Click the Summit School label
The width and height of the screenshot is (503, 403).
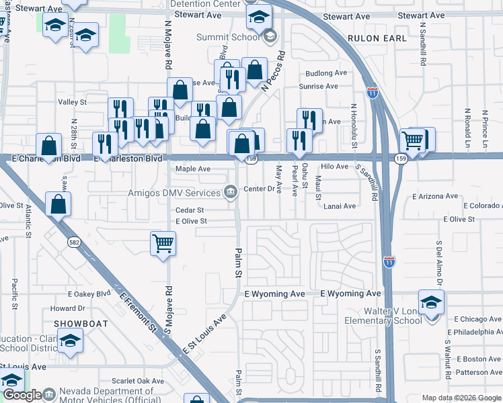coord(228,37)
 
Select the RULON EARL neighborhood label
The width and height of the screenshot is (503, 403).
coord(378,38)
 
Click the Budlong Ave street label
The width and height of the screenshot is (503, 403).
coord(325,73)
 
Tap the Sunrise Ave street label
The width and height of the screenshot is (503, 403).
coord(318,87)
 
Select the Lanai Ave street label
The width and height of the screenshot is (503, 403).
coord(340,206)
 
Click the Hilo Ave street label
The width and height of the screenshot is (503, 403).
coord(334,166)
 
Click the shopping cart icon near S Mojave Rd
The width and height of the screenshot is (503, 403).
coord(163,243)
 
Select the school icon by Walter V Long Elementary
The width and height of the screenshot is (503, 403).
coord(431,302)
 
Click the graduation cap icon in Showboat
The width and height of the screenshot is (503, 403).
coord(70,340)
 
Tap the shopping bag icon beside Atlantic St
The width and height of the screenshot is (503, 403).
coord(59,204)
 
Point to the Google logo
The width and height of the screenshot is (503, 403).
coord(22,395)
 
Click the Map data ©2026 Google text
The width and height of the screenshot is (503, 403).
coord(461,398)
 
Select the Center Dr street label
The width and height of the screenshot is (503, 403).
coord(260,189)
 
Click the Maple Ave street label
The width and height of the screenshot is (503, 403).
coord(193,169)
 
